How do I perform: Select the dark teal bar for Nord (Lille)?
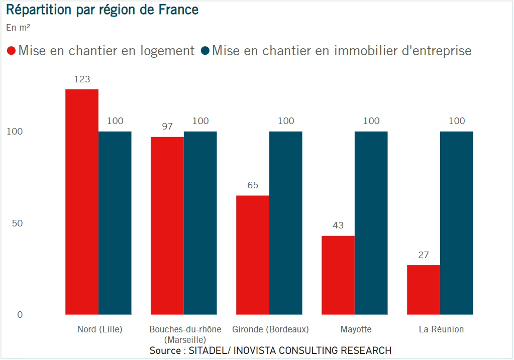click(x=115, y=223)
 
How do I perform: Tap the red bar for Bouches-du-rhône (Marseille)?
click(x=167, y=225)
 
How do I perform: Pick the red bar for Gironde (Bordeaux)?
click(x=253, y=255)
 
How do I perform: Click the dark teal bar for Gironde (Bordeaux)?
click(x=286, y=223)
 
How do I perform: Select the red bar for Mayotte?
click(x=338, y=275)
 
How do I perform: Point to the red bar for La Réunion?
click(x=424, y=290)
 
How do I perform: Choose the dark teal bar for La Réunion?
click(x=457, y=223)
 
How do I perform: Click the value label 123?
click(x=82, y=79)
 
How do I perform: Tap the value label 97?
click(x=167, y=127)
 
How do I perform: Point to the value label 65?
click(x=253, y=185)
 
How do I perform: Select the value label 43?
click(x=338, y=225)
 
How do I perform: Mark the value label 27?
click(x=424, y=255)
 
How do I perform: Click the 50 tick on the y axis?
click(x=18, y=223)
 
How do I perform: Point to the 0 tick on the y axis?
click(x=20, y=315)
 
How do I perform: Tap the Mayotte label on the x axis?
click(x=356, y=330)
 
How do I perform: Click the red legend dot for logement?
click(x=11, y=51)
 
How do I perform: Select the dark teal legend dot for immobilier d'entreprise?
click(x=205, y=51)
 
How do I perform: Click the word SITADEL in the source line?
click(x=207, y=350)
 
